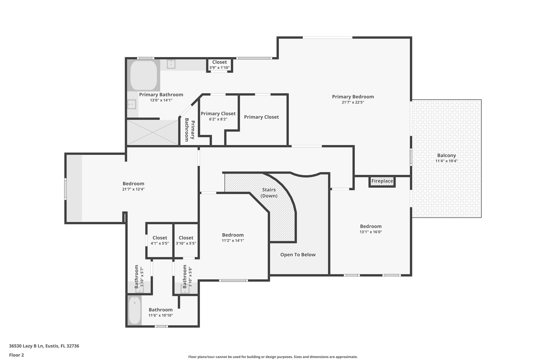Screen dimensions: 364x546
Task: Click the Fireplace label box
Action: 382,181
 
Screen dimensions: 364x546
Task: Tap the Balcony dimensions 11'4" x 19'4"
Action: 446,161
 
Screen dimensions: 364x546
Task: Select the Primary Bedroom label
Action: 353,97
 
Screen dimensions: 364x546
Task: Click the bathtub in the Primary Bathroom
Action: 143,75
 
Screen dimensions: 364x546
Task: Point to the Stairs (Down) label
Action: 269,193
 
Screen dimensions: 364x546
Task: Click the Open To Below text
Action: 298,255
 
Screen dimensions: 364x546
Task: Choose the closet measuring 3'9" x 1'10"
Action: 219,65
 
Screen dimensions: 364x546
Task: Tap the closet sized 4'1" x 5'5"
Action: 160,240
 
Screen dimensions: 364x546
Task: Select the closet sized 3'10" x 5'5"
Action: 186,240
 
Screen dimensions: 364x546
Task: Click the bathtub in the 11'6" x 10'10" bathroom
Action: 135,311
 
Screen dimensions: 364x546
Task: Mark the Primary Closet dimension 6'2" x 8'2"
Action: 218,119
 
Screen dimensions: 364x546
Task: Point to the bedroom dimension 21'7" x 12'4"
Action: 133,189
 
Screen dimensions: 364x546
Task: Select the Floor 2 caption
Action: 17,355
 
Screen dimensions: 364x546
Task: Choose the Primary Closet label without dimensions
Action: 261,117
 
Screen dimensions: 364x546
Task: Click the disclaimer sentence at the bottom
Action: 273,357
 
